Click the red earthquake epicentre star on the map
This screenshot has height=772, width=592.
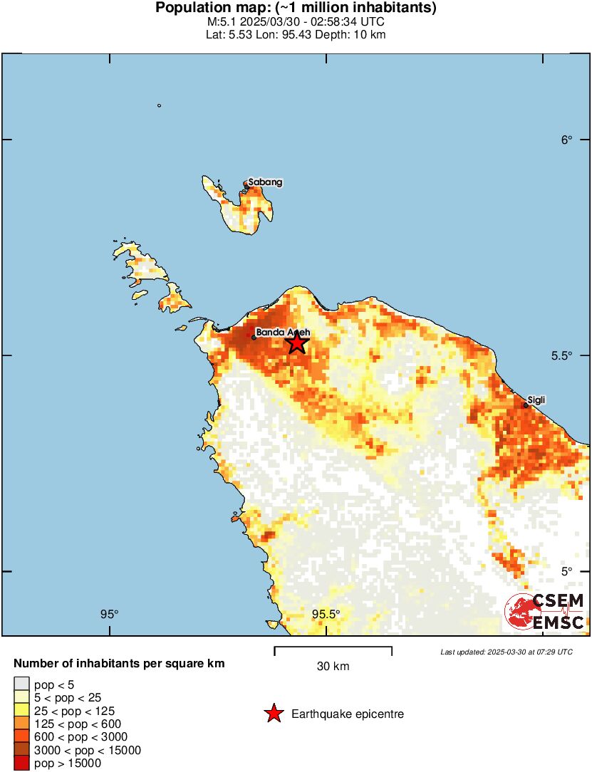(x=297, y=343)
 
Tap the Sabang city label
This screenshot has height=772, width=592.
(x=265, y=182)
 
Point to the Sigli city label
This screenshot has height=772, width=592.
(x=536, y=400)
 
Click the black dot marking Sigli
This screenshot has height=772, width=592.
(x=526, y=405)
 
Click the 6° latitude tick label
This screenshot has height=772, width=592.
(x=566, y=140)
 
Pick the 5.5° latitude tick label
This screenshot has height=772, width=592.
(x=563, y=355)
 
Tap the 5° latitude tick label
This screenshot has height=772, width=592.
(x=566, y=571)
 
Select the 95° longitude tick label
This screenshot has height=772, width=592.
(x=109, y=614)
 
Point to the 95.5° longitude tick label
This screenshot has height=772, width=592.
(x=326, y=614)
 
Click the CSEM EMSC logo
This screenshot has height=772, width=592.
(x=544, y=612)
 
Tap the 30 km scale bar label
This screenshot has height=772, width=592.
(x=333, y=667)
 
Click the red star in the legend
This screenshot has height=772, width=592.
(x=274, y=714)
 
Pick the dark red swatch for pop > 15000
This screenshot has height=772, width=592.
(x=22, y=763)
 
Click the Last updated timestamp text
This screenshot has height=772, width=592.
(x=506, y=652)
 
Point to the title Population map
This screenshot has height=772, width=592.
(x=296, y=9)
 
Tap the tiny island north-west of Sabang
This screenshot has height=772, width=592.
(x=159, y=106)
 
